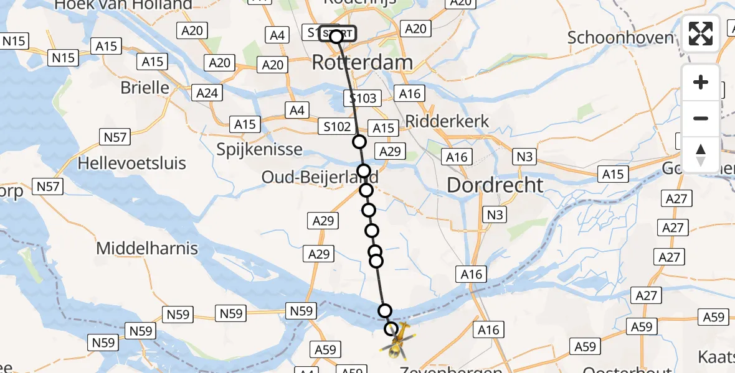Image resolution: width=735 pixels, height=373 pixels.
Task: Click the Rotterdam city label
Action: click(x=362, y=62)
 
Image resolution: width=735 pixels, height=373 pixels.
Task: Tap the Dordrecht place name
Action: click(x=495, y=185)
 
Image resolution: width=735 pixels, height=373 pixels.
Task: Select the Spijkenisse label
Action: click(x=260, y=150)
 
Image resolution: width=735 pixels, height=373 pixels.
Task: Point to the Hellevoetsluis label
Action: click(x=132, y=164)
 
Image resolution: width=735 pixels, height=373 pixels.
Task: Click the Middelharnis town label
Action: click(x=147, y=249)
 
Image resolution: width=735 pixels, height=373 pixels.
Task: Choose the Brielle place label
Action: click(x=145, y=87)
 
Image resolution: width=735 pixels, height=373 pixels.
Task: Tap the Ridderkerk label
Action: click(x=447, y=121)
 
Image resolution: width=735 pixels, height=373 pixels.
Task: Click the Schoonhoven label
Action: click(x=620, y=37)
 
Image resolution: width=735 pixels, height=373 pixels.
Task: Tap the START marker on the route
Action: click(x=337, y=34)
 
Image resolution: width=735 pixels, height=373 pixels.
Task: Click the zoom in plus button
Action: click(x=701, y=82)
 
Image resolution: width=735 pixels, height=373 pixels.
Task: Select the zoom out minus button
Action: click(x=701, y=118)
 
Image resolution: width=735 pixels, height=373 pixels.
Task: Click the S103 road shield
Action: click(x=363, y=98)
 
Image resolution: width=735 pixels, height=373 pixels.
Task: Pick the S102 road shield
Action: click(x=336, y=126)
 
